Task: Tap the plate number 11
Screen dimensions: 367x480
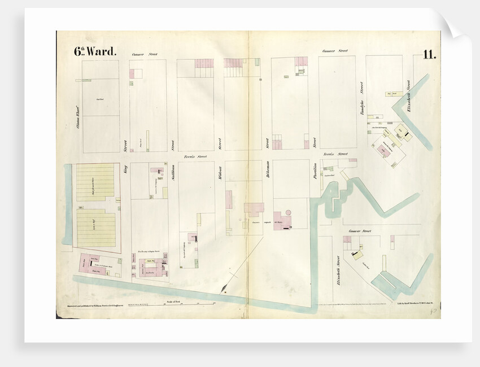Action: point(429,54)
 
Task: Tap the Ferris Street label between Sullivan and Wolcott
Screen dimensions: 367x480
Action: point(195,156)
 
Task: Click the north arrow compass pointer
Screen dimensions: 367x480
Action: point(225,292)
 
